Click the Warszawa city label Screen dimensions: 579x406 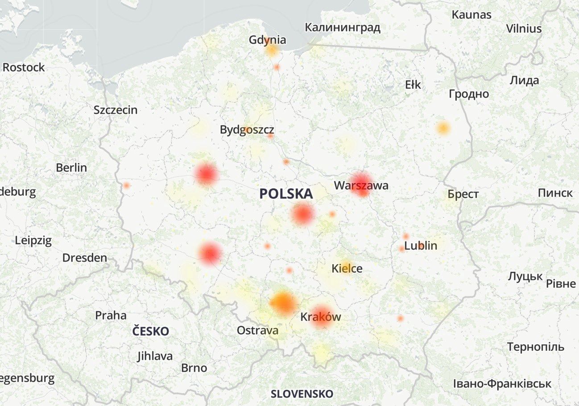361,185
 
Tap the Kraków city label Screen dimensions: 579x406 320,317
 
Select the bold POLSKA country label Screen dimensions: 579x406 286,194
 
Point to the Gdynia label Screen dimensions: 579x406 268,40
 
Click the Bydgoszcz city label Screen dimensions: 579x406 247,130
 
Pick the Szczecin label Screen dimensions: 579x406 116,110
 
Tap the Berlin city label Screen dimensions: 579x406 71,168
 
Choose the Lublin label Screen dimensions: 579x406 421,246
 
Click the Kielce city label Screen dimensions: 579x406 347,269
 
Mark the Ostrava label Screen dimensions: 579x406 258,330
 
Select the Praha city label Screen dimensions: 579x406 111,316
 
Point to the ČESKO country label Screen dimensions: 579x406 151,332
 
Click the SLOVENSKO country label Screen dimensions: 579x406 302,394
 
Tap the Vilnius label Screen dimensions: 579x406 524,29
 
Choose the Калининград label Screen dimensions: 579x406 342,28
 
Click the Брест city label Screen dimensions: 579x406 463,194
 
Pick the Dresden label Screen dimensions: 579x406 85,258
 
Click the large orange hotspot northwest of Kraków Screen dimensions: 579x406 283,303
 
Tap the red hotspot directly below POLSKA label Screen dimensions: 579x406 303,214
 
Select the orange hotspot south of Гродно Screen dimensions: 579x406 443,128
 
